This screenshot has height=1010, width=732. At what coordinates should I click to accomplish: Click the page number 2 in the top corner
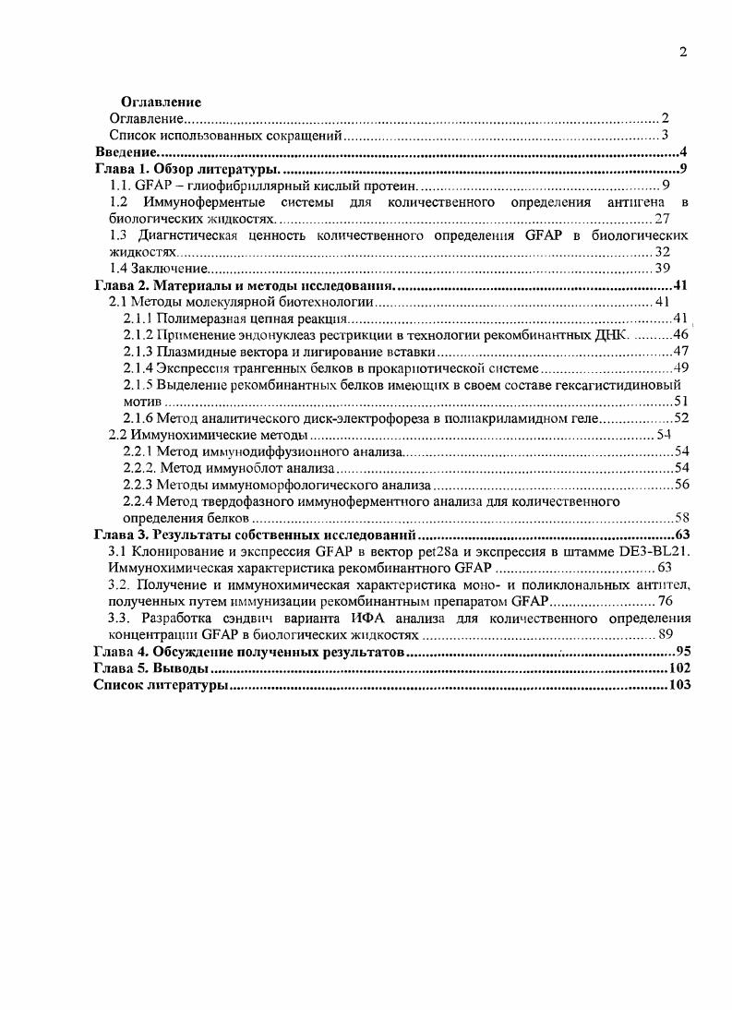pos(682,52)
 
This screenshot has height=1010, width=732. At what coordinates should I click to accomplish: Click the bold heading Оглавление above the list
pos(162,102)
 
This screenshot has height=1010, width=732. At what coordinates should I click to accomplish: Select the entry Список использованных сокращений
pos(226,136)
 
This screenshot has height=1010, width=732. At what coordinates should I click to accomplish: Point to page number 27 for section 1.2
pos(662,219)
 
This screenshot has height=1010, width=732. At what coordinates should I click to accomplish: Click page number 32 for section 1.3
pos(662,252)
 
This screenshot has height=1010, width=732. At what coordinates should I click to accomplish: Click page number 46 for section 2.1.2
pos(681,334)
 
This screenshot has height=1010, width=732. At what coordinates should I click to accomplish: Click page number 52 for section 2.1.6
pos(681,418)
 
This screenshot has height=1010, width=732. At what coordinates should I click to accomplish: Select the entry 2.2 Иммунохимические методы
pos(209,435)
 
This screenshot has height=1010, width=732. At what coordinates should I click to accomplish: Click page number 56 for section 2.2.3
pos(681,485)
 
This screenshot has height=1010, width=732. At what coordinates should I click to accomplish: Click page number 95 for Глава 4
pos(682,653)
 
